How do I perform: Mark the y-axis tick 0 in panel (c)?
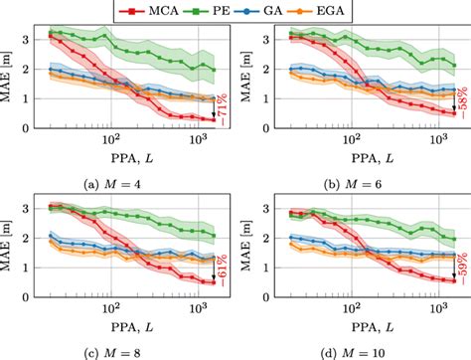(x=27, y=295)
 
